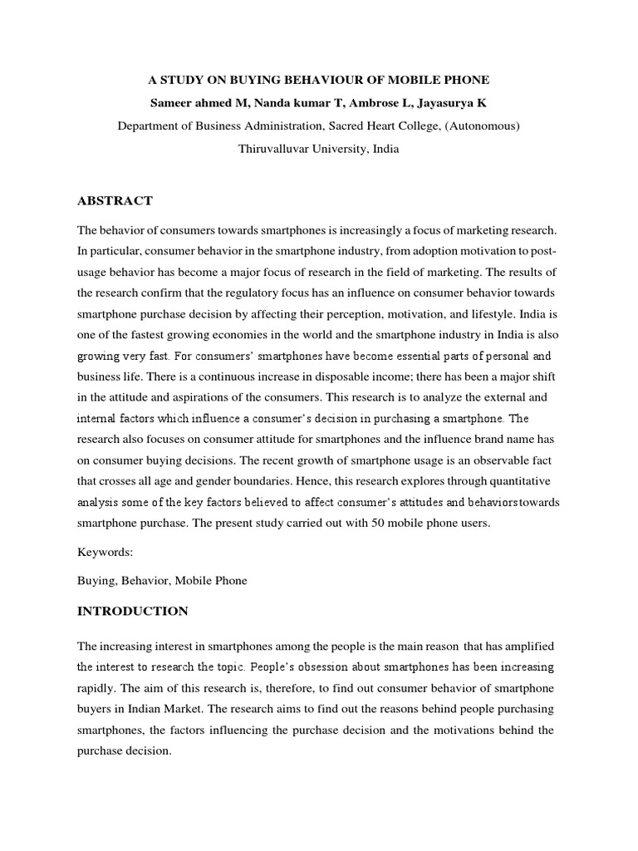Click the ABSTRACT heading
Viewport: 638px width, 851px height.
pos(115,200)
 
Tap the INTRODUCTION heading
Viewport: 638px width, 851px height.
pos(133,611)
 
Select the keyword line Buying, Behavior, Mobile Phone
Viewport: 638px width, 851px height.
pos(162,581)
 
